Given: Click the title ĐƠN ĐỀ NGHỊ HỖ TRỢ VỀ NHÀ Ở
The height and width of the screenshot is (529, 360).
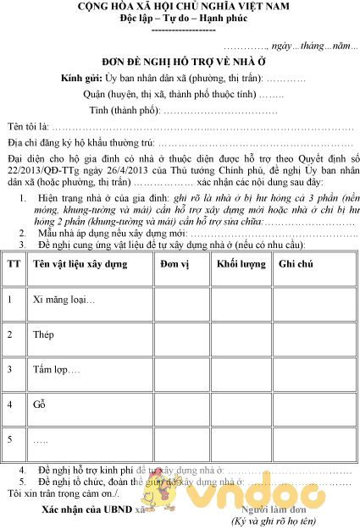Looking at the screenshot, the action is click(x=179, y=62).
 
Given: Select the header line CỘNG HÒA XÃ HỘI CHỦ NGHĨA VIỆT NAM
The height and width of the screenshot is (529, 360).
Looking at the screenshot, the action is click(x=180, y=7).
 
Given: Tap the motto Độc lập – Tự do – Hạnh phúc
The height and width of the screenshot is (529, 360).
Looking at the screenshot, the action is click(x=180, y=19).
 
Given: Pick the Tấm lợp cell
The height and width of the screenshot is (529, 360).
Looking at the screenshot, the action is click(x=56, y=370).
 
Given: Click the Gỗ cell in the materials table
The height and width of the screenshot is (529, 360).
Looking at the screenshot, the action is click(x=39, y=405).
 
